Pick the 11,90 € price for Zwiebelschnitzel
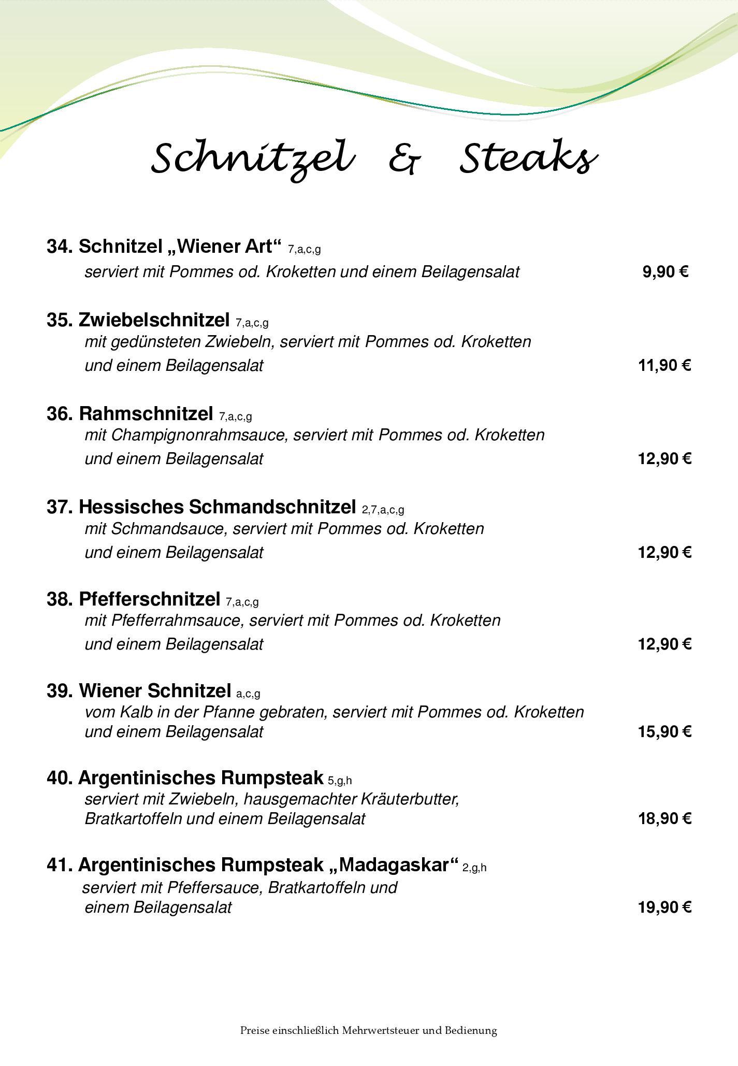[664, 365]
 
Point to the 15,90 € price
[664, 731]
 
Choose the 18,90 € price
[664, 818]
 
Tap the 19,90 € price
[664, 907]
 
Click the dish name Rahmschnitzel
[146, 413]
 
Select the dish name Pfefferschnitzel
[150, 599]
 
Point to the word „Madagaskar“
[394, 865]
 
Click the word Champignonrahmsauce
[199, 435]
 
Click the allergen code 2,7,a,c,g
[383, 510]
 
